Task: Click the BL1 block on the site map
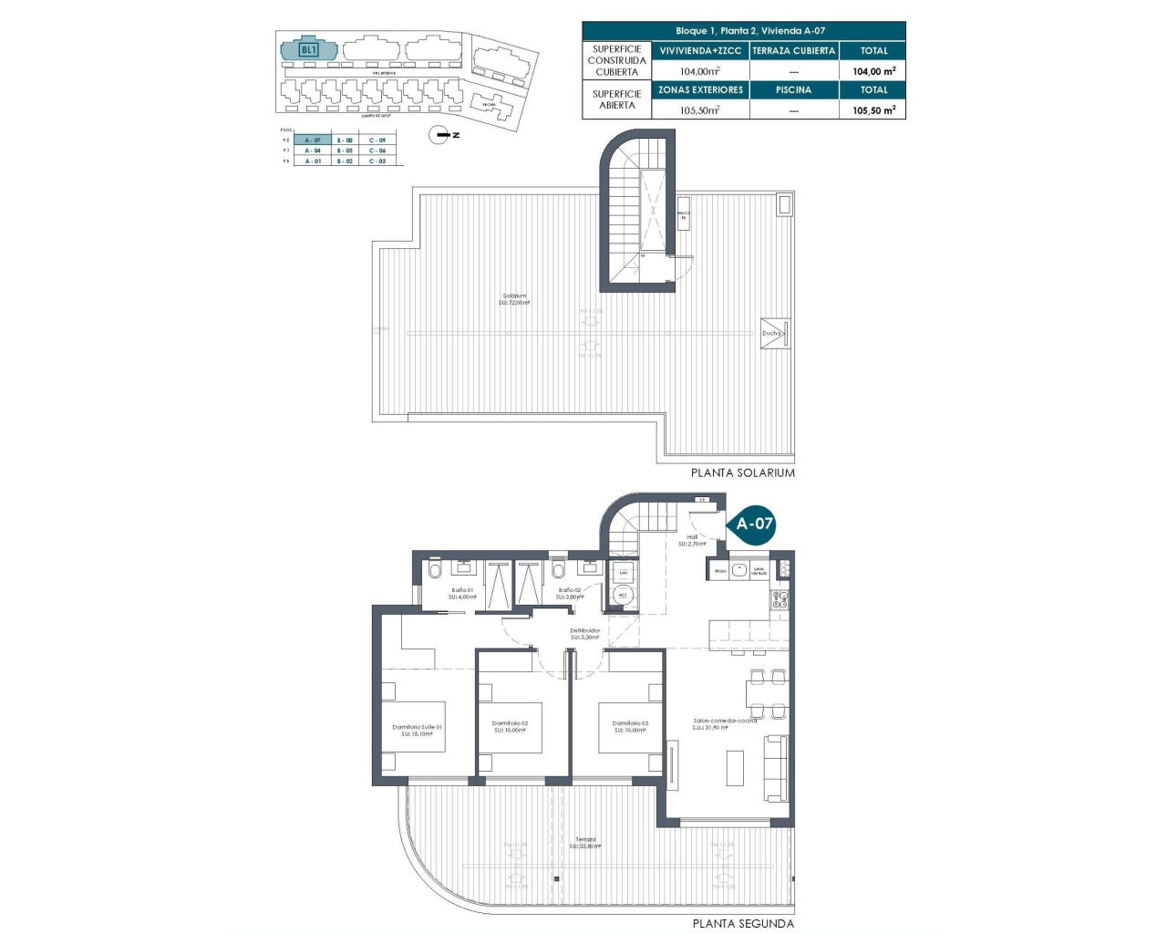[x=308, y=49]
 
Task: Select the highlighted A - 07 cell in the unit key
[x=313, y=140]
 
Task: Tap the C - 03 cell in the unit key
[x=377, y=161]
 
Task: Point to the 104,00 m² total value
[x=873, y=71]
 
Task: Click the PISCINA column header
[x=793, y=90]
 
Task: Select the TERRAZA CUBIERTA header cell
[x=793, y=51]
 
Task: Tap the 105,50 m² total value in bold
[x=873, y=110]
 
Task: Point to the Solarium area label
[x=514, y=296]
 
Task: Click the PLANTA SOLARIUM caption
[x=742, y=473]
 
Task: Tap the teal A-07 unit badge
[x=754, y=524]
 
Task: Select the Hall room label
[x=692, y=538]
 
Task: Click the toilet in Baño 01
[x=434, y=572]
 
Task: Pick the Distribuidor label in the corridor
[x=584, y=631]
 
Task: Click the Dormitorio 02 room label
[x=510, y=724]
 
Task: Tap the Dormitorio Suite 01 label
[x=417, y=728]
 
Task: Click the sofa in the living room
[x=777, y=768]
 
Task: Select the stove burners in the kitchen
[x=780, y=599]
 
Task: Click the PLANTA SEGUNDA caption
[x=743, y=923]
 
